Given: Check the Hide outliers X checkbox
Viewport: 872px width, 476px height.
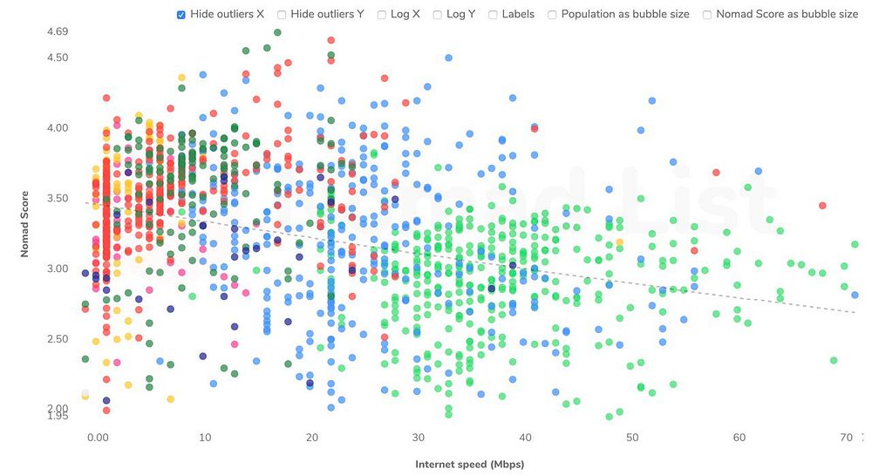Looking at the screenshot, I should coord(181,15).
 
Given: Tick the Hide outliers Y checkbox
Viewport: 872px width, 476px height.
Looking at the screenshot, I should coord(282,15).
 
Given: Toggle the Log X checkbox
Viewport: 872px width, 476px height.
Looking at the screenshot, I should coord(382,15).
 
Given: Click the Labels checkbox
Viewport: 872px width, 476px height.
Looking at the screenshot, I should coord(494,15).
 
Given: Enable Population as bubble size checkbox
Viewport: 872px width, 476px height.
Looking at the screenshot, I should coord(553,15).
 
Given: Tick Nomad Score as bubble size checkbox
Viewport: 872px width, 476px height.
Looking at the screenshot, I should coord(707,15).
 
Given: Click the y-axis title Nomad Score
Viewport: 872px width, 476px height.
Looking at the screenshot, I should coord(26,225).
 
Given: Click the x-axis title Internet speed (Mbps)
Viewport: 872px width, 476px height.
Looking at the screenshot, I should coord(470,464).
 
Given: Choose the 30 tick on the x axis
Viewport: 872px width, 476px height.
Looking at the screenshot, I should coord(418,437).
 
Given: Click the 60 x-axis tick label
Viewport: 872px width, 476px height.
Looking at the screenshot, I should coord(739,437).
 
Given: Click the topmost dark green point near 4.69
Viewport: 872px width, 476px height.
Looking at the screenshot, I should coord(277,32).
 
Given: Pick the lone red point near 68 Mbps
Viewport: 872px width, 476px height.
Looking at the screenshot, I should coord(822,206).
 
